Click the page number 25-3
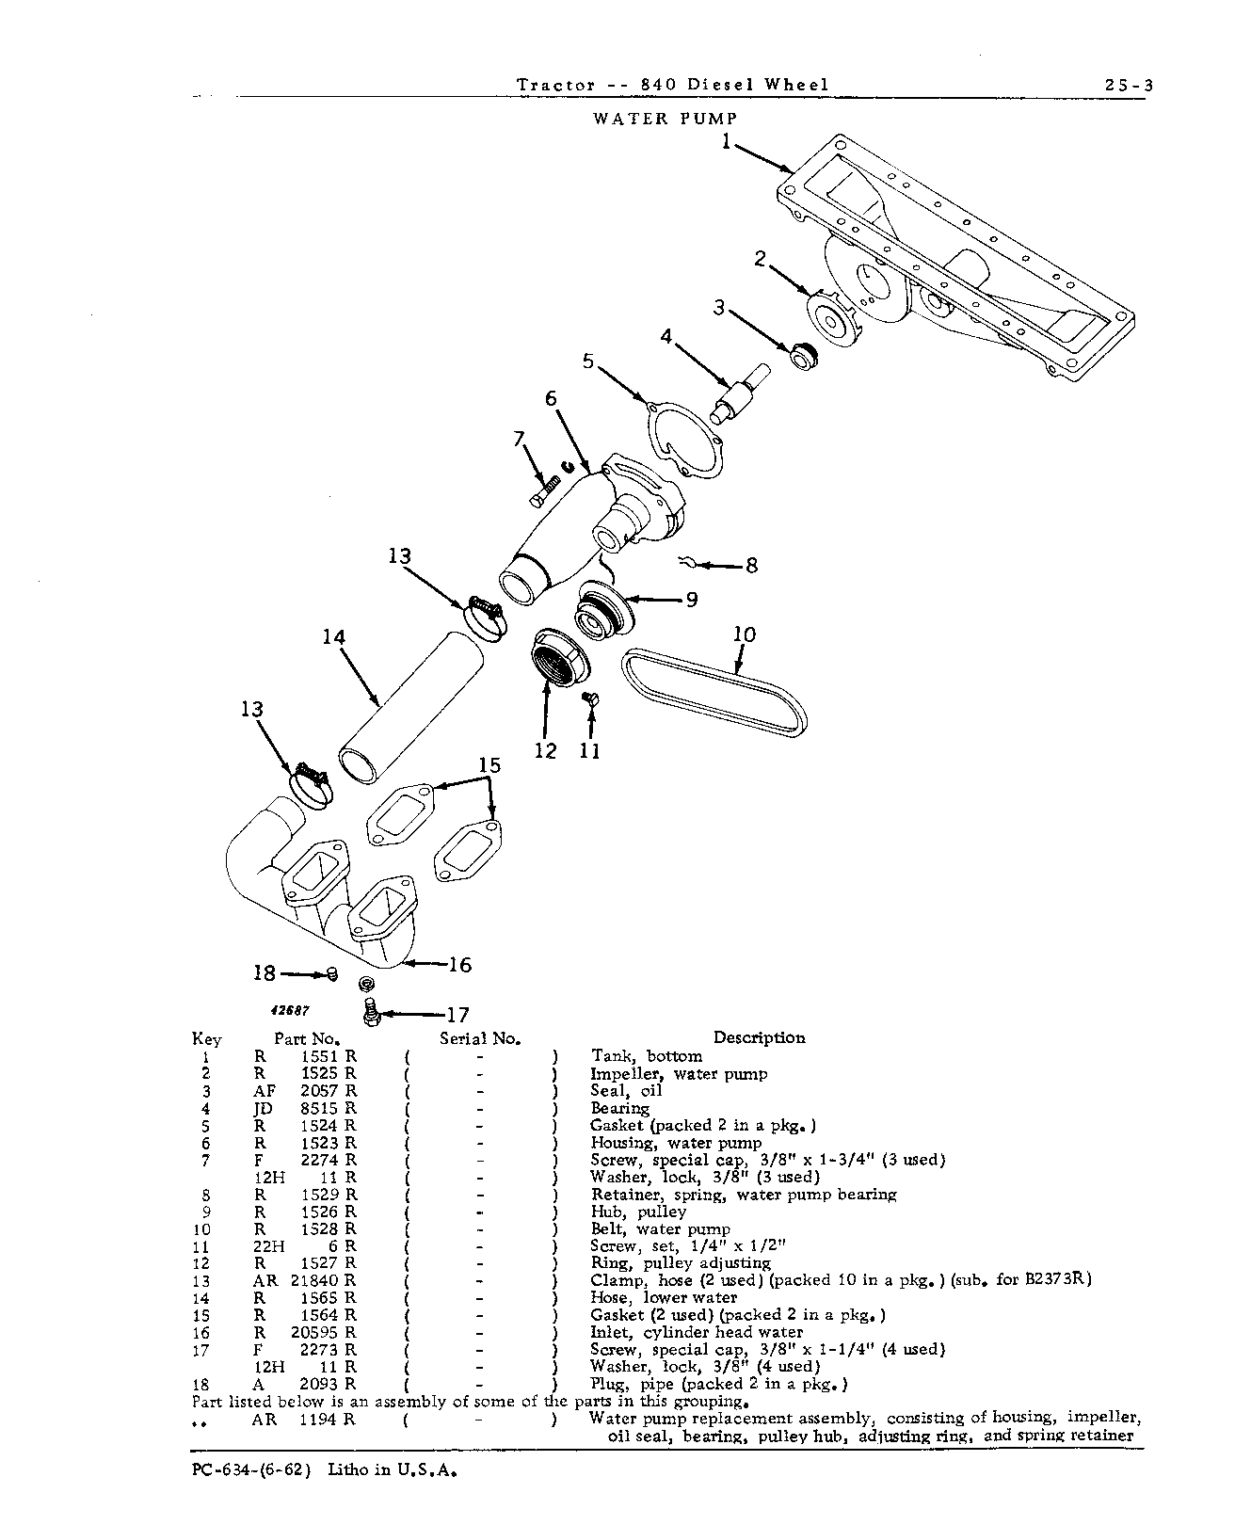(1129, 86)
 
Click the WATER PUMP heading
(666, 118)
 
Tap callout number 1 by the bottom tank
(727, 141)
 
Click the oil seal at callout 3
(803, 355)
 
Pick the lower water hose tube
(409, 707)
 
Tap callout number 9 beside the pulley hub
(692, 600)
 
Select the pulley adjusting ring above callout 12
(561, 657)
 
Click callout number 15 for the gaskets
(489, 765)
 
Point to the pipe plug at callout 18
(331, 973)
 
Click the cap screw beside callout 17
(370, 1012)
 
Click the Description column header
(759, 1037)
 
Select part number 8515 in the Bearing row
(319, 1108)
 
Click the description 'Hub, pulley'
(638, 1212)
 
